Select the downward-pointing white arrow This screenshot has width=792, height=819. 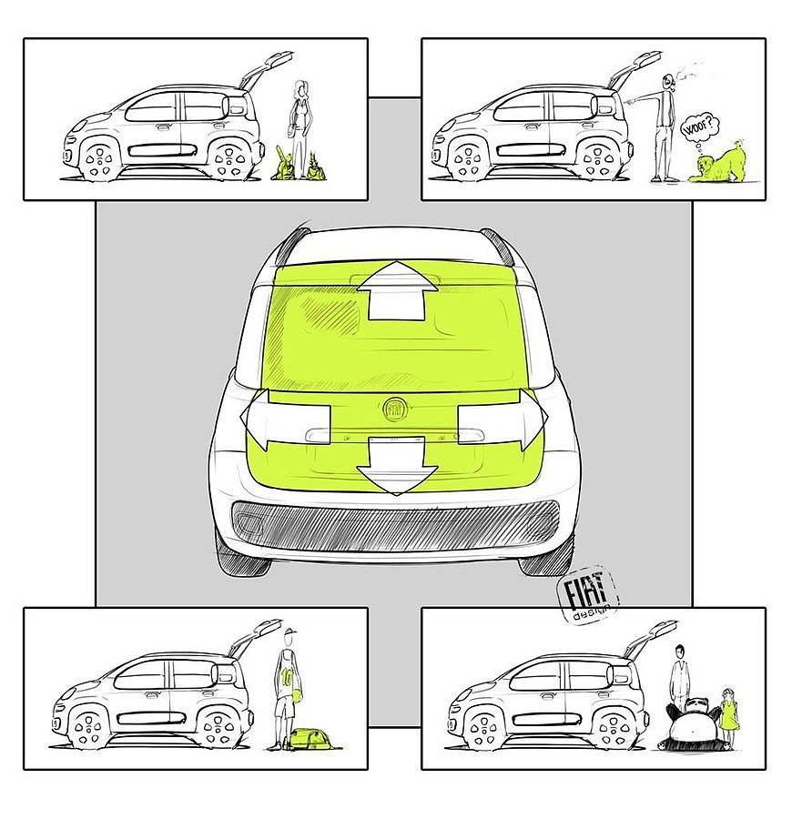[397, 466]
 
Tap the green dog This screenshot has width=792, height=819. [716, 163]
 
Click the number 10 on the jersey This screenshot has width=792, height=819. [287, 677]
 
